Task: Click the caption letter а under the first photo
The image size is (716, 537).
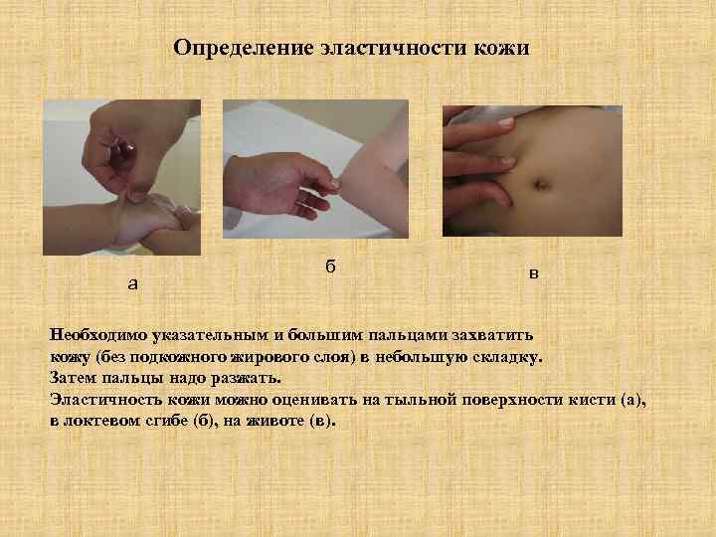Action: (133, 284)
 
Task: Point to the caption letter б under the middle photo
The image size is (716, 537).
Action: (330, 267)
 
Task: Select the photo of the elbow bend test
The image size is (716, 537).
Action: (315, 169)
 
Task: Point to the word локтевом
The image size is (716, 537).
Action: (107, 420)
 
